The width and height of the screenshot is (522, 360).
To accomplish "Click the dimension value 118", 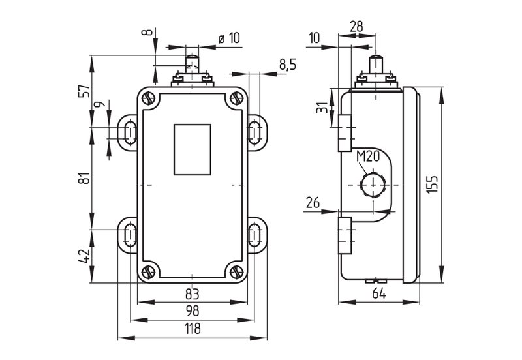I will (191, 329).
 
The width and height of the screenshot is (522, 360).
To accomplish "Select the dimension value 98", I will (191, 310).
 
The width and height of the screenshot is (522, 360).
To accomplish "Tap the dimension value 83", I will (192, 293).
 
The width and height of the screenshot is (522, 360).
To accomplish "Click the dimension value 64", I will (379, 293).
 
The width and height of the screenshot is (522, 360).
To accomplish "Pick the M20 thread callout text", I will (369, 157).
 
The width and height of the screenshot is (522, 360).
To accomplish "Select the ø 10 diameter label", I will (228, 38).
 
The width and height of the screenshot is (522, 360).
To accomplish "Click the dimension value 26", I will (313, 203).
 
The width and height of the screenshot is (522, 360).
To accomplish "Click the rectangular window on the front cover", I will (192, 149).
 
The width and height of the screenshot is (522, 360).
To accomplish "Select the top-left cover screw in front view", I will (149, 100).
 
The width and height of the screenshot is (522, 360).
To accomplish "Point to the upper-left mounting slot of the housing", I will (129, 132).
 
